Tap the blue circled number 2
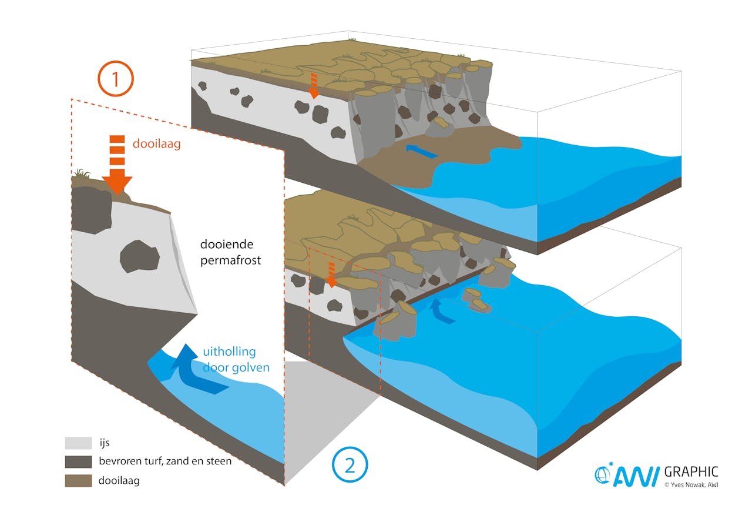(350, 466)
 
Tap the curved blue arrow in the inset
(194, 373)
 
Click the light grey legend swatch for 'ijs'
(78, 443)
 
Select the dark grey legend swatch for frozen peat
(78, 461)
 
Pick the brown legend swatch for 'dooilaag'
(78, 480)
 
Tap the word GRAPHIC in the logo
(691, 472)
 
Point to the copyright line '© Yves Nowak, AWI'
(691, 485)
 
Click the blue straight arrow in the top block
(422, 151)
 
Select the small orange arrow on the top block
(314, 86)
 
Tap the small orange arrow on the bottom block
(331, 275)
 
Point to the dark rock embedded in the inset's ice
(139, 256)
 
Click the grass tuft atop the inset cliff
(82, 173)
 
